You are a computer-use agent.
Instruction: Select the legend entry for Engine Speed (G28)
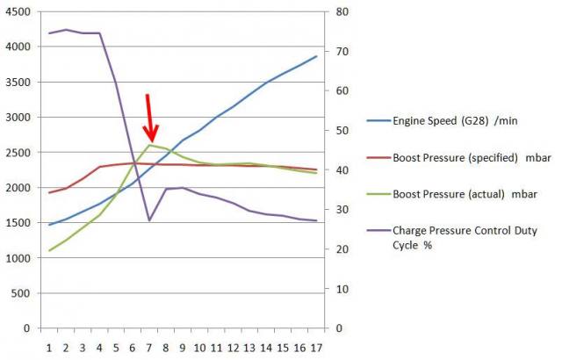tap(443, 121)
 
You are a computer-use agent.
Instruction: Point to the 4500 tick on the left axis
tap(18, 11)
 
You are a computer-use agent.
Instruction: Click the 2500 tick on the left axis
tap(18, 153)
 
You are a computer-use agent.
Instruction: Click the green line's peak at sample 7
tap(149, 145)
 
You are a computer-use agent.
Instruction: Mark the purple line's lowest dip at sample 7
tap(149, 220)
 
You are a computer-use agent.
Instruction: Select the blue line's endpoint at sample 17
tap(316, 56)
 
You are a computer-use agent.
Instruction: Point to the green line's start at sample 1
tap(49, 250)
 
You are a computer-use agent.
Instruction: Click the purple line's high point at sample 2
tap(66, 30)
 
